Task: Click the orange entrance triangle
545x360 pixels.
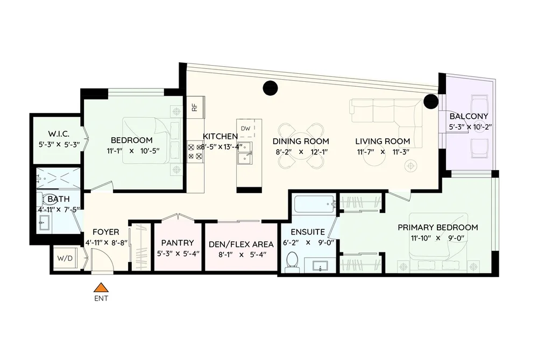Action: (x=101, y=287)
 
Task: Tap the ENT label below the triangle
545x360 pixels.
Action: (x=101, y=298)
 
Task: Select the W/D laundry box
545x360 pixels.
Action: (x=65, y=258)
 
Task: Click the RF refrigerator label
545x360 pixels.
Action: (x=195, y=107)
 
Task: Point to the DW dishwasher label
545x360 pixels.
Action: (x=245, y=128)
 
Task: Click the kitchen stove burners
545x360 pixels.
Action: (x=195, y=152)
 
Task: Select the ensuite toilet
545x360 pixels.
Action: (x=292, y=262)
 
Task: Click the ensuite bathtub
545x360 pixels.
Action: (x=314, y=204)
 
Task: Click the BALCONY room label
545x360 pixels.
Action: (x=469, y=116)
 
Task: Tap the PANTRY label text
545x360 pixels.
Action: (x=178, y=243)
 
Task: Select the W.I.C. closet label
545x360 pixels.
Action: (x=59, y=134)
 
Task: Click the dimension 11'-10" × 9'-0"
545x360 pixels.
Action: (x=438, y=238)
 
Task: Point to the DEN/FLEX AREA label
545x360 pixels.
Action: (x=241, y=244)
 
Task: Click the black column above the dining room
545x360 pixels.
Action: (x=270, y=88)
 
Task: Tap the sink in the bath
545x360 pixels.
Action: (x=45, y=222)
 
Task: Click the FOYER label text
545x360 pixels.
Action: (x=106, y=232)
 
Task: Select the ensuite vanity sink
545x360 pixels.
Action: (x=320, y=266)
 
